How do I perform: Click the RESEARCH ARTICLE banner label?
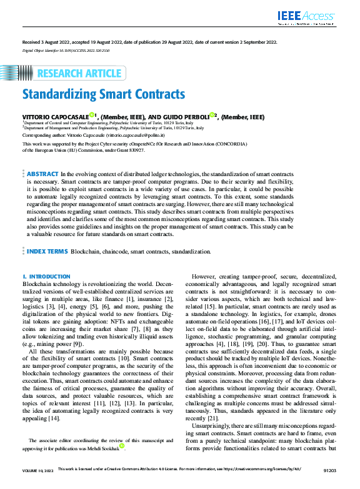tap(79, 74)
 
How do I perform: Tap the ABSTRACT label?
tap(42, 174)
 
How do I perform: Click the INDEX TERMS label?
tap(47, 251)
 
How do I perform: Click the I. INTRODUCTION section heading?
tap(46, 276)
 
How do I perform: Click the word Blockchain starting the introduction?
tap(37, 283)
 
